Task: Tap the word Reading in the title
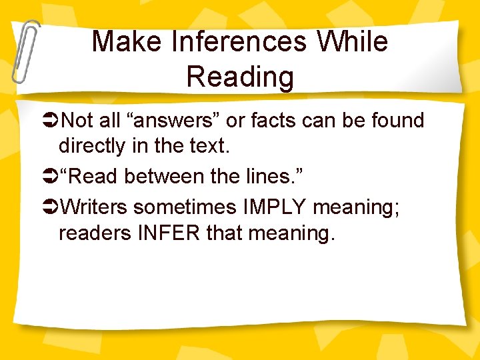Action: pos(240,77)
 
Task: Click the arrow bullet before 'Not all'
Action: pos(51,121)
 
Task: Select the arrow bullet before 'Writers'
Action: pos(51,208)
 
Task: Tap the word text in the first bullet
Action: pos(211,146)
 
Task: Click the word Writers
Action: pos(93,208)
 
